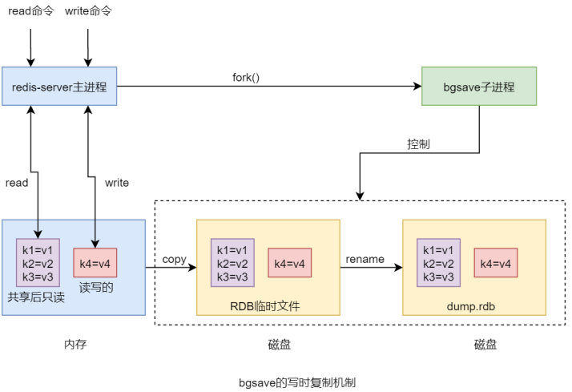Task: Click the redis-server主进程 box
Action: pyautogui.click(x=60, y=87)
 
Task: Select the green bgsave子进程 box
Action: pyautogui.click(x=479, y=87)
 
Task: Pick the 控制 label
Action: pyautogui.click(x=418, y=144)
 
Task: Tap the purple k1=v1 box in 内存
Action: pyautogui.click(x=38, y=263)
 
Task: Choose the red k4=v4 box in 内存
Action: pyautogui.click(x=95, y=262)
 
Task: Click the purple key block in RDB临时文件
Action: pyautogui.click(x=233, y=262)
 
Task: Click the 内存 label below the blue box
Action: pyautogui.click(x=75, y=344)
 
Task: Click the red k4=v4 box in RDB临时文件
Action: pyautogui.click(x=289, y=262)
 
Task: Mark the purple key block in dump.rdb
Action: pyautogui.click(x=439, y=262)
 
